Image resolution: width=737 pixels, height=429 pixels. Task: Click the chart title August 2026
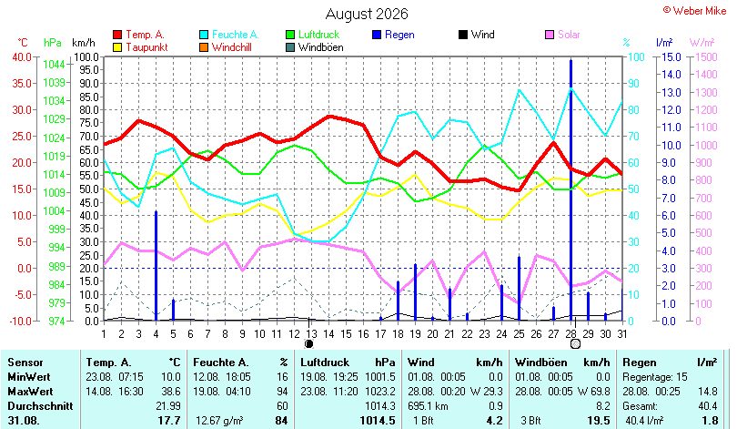click(x=367, y=14)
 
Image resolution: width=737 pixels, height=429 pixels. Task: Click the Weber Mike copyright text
click(x=695, y=11)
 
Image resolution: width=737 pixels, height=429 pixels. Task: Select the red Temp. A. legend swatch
click(x=117, y=35)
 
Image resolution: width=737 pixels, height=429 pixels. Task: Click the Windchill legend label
click(x=232, y=47)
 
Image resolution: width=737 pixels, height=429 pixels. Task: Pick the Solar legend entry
click(x=562, y=35)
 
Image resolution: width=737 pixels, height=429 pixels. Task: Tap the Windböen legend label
click(x=321, y=47)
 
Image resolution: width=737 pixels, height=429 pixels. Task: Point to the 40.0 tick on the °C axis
click(x=22, y=56)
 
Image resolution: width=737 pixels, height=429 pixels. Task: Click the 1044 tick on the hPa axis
click(x=54, y=65)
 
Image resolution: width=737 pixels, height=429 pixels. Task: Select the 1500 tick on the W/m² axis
click(x=706, y=56)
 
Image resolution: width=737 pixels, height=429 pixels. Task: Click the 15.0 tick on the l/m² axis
click(x=671, y=56)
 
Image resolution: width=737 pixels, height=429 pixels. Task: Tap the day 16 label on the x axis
click(x=363, y=334)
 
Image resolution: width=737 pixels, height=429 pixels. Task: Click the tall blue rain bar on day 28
click(x=571, y=190)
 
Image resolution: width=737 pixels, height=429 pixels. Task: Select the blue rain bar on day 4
click(x=156, y=266)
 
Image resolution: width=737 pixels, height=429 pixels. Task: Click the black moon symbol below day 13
click(x=308, y=344)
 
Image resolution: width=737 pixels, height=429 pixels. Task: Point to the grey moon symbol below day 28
click(x=575, y=344)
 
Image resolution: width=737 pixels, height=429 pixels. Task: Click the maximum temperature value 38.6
click(x=171, y=392)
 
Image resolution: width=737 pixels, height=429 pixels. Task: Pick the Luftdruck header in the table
click(x=325, y=363)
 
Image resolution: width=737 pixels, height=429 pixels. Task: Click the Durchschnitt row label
click(x=40, y=406)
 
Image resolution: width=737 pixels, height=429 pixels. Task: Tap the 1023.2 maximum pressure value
click(x=380, y=392)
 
